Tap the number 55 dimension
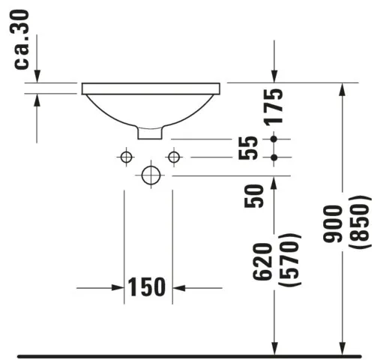[252, 148]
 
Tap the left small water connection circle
[126, 157]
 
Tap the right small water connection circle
[174, 157]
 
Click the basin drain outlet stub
[150, 132]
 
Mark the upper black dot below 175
[274, 139]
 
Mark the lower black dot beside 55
[274, 157]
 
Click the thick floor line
[187, 353]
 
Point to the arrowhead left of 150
[118, 287]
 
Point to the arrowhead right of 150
[180, 287]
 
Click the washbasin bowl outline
[150, 109]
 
